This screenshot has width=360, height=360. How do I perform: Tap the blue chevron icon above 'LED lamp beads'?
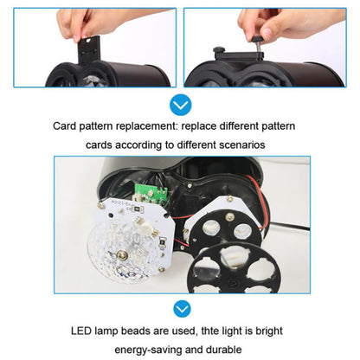(180, 308)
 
